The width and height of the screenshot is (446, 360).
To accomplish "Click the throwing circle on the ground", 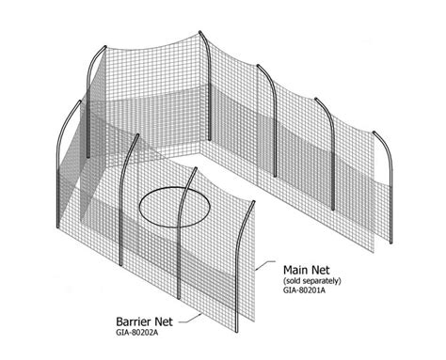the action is [175, 206].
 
